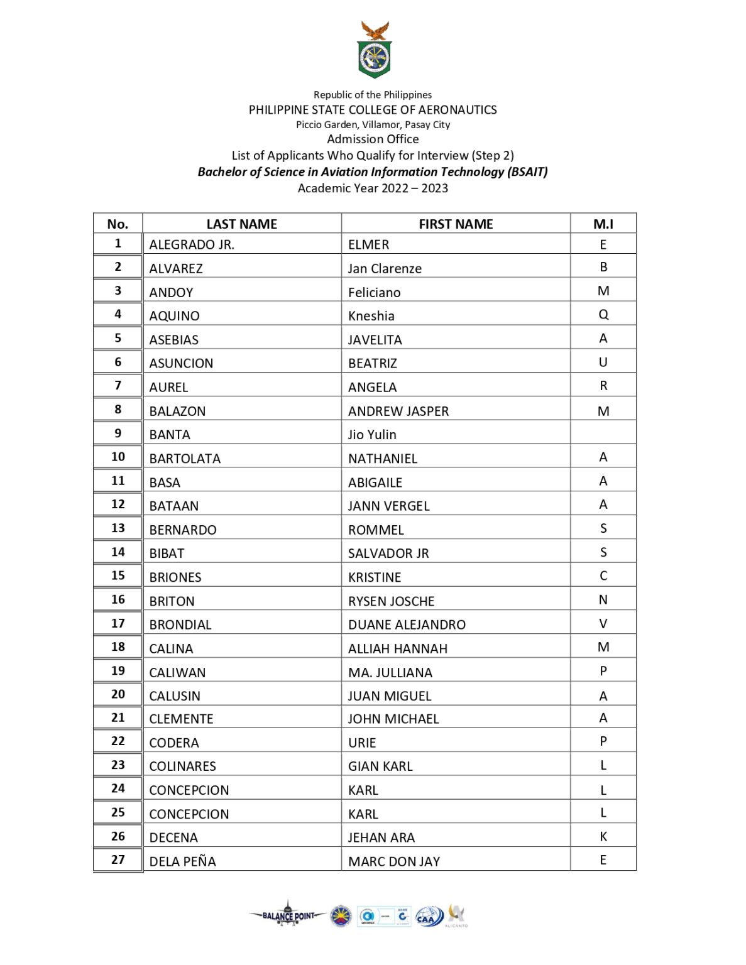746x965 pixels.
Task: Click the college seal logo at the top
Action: coord(375,51)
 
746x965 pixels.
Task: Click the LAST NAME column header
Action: coord(241,224)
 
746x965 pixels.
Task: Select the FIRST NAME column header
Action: coord(456,224)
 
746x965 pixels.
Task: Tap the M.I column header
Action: coord(603,224)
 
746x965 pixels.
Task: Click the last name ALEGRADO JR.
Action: coord(192,245)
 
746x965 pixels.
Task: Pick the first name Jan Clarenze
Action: coord(385,269)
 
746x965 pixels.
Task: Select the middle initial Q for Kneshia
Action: coord(603,315)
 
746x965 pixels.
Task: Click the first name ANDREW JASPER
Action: coord(398,412)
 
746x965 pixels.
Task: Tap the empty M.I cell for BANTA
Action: coord(603,433)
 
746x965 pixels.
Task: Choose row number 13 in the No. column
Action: coord(118,528)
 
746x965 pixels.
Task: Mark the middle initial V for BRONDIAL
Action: coord(603,624)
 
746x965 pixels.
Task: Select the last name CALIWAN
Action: coord(177,673)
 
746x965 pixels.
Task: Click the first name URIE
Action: coord(362,743)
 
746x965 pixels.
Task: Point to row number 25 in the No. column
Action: coord(118,813)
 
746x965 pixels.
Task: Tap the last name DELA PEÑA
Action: coord(182,862)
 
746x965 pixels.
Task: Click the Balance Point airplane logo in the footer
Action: coord(288,915)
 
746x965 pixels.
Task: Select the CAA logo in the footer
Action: coord(429,917)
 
